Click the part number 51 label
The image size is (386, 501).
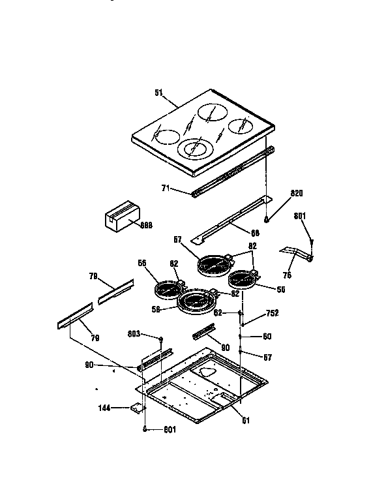(158, 93)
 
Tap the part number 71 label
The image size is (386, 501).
(166, 188)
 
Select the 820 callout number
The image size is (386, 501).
(297, 194)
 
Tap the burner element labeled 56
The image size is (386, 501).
(168, 286)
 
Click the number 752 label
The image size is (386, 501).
(273, 314)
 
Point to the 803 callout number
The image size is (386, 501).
(134, 334)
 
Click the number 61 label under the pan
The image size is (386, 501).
(246, 420)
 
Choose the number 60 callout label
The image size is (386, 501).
(267, 336)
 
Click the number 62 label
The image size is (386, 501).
(218, 313)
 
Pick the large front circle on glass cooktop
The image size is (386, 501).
(194, 149)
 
